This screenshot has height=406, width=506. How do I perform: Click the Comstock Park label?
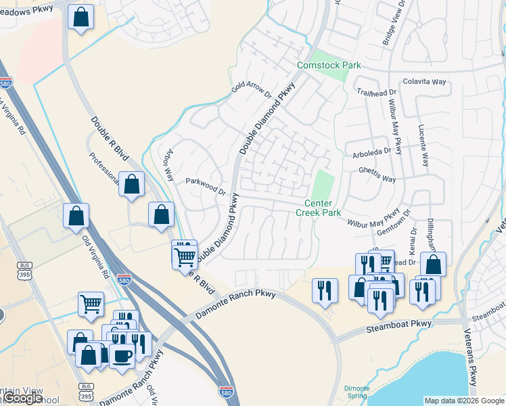(x=329, y=65)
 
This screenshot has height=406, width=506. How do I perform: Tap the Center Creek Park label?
(x=318, y=208)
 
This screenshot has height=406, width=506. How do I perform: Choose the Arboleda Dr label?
(x=372, y=154)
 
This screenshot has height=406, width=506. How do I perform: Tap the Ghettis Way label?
(x=377, y=175)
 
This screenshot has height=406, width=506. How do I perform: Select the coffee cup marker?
(x=122, y=357)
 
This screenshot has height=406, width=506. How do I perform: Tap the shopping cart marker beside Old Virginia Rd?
(x=91, y=303)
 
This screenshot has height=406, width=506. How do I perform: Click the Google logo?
(x=23, y=398)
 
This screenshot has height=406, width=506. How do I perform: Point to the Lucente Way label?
(x=423, y=145)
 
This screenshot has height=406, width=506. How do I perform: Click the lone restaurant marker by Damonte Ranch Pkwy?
(x=325, y=289)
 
